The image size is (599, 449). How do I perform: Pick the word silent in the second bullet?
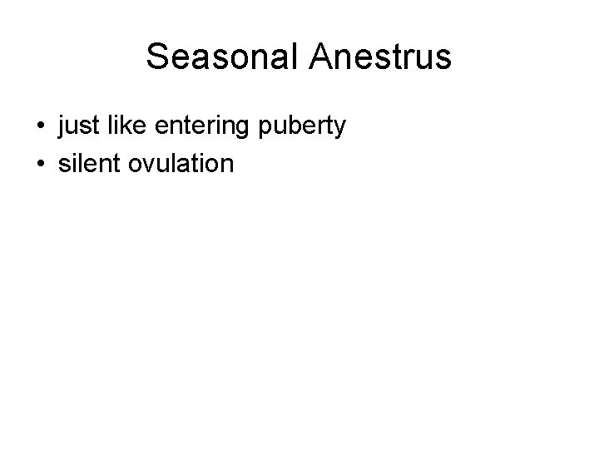[88, 163]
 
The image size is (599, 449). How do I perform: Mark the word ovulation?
[181, 163]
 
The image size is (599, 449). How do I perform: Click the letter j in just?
[62, 129]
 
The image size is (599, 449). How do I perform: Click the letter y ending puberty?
[339, 131]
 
